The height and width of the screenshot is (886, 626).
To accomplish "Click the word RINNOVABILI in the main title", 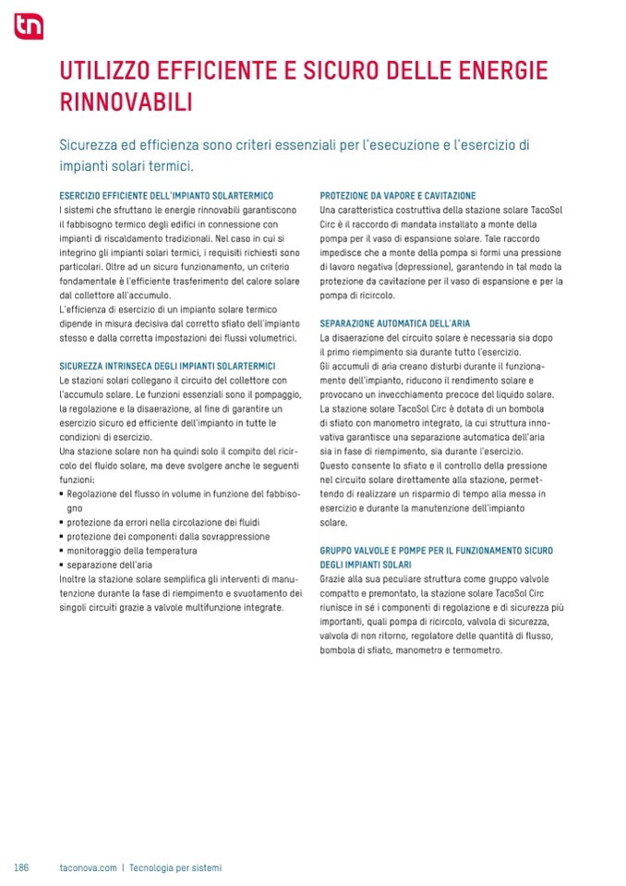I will (126, 102).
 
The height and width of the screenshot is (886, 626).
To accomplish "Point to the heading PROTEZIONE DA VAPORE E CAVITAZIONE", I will (398, 196).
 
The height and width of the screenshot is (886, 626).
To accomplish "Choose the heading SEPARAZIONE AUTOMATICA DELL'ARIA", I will (395, 324).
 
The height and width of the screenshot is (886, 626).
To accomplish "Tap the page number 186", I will (21, 868).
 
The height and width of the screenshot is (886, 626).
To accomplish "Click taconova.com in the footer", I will (88, 868).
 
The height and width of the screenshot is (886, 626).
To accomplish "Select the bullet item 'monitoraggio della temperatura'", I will (131, 551).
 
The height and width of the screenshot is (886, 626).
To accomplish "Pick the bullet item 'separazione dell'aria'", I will (109, 564).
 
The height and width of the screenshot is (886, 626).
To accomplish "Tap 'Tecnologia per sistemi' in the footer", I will (175, 868).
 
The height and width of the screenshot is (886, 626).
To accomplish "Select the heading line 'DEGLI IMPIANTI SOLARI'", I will (366, 564).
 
